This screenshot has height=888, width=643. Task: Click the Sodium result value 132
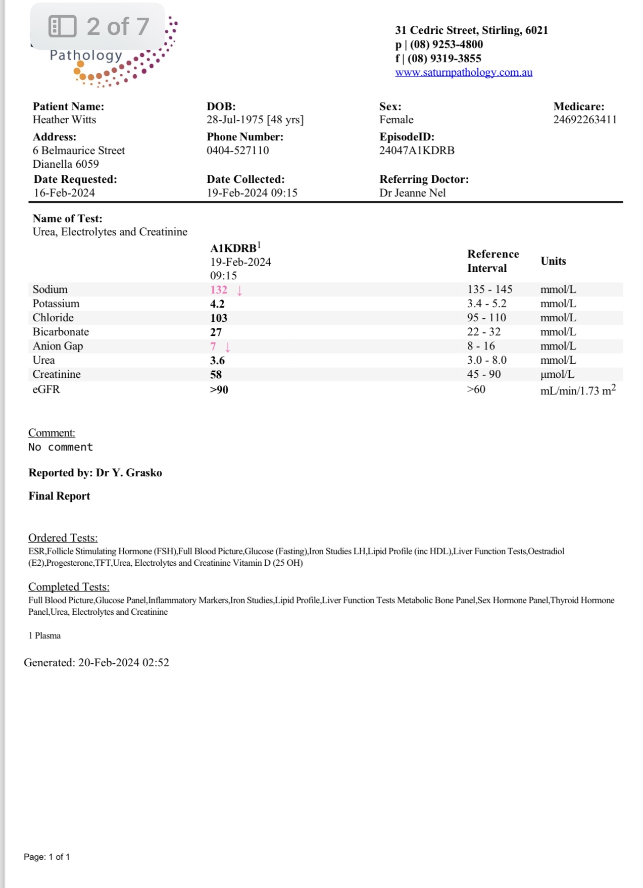coord(219,290)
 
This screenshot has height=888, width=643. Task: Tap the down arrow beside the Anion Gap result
coord(228,347)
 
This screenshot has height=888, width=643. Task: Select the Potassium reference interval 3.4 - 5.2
coord(486,304)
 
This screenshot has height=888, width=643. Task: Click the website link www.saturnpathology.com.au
coord(463,72)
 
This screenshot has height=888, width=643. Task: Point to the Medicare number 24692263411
coord(584,120)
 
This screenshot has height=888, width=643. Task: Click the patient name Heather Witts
coord(64,120)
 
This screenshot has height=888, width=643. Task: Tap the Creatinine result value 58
coord(216,375)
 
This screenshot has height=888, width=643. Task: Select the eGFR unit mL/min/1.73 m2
coord(577,390)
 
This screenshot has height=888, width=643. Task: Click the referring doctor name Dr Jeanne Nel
coord(412,193)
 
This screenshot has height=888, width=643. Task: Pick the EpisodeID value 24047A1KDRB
coord(417,151)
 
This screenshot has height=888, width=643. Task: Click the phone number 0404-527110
coord(237,151)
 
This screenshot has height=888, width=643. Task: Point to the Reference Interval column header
coord(492,261)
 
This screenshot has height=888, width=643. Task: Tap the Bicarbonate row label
coord(61,332)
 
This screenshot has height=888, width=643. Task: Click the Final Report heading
coord(59,496)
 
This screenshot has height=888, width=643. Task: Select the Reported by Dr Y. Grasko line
coord(95,473)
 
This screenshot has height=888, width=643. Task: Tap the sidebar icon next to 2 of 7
coord(62,26)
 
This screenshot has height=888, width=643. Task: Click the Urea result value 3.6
coord(217,361)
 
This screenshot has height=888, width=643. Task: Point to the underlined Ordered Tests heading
coord(63,538)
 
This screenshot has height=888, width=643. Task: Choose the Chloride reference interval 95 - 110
coord(486,318)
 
